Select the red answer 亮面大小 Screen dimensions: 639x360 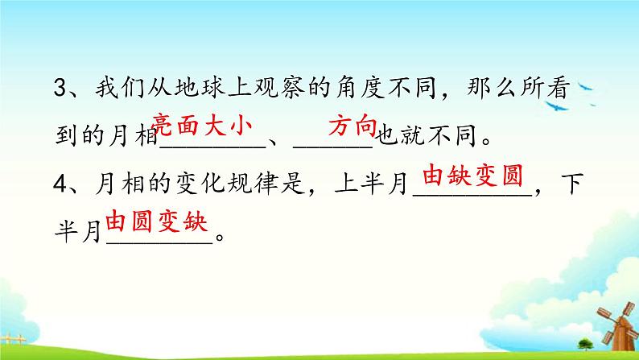click(x=201, y=125)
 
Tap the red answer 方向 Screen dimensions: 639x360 click(x=353, y=125)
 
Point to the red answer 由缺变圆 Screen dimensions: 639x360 click(x=472, y=176)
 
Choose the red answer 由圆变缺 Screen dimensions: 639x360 click(x=157, y=221)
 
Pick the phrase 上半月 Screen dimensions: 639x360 click(x=371, y=184)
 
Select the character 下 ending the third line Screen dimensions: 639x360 click(x=572, y=184)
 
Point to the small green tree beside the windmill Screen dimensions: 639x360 click(x=586, y=345)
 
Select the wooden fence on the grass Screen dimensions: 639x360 click(x=13, y=339)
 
